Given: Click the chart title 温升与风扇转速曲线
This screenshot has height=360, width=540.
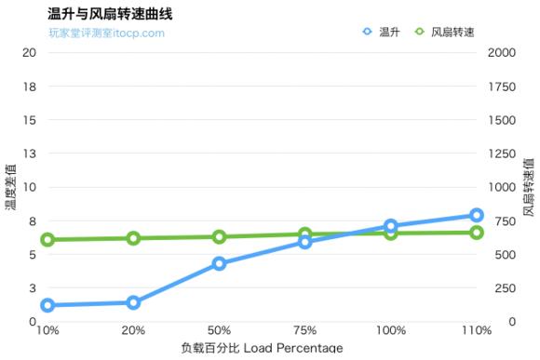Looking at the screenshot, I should pyautogui.click(x=110, y=14).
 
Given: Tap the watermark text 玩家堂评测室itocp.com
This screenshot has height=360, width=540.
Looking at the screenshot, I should pyautogui.click(x=106, y=33).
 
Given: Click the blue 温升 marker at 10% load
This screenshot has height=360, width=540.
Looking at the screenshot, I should pyautogui.click(x=47, y=305).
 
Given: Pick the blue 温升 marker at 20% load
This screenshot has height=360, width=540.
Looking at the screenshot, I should pyautogui.click(x=133, y=302).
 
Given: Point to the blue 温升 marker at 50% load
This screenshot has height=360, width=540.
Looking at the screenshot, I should pyautogui.click(x=219, y=263).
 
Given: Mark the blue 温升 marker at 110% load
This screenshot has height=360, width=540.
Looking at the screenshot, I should pyautogui.click(x=476, y=216).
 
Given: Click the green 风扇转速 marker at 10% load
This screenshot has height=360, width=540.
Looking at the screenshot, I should pyautogui.click(x=47, y=240).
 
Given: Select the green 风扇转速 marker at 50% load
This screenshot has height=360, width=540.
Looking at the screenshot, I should pyautogui.click(x=219, y=237).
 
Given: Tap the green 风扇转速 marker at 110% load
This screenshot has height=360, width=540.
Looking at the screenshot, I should pyautogui.click(x=476, y=232).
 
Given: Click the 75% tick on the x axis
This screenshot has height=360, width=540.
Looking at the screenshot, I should pyautogui.click(x=304, y=330).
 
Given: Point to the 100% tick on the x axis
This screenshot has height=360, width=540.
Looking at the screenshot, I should pyautogui.click(x=391, y=330).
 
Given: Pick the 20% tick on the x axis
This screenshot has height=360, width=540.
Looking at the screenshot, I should pyautogui.click(x=133, y=330).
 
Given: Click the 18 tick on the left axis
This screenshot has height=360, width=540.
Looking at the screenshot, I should pyautogui.click(x=29, y=87).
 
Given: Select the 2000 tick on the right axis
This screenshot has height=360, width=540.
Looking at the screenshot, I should pyautogui.click(x=501, y=53).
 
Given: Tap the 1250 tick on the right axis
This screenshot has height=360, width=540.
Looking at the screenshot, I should pyautogui.click(x=501, y=153).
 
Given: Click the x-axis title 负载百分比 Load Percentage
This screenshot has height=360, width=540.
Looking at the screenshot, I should pyautogui.click(x=262, y=349).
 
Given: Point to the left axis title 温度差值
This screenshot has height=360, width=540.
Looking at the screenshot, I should pyautogui.click(x=12, y=186).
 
